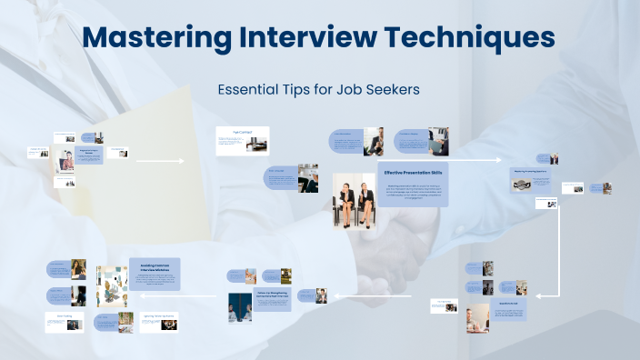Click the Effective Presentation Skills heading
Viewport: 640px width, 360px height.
coord(412,172)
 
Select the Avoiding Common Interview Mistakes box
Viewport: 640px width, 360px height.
coord(155,275)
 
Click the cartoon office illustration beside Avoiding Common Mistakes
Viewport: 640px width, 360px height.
coord(111,285)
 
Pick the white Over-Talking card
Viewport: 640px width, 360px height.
coord(64,322)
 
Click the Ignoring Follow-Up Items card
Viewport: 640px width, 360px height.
coord(158,322)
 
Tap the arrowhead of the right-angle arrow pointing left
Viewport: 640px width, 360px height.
coord(539,295)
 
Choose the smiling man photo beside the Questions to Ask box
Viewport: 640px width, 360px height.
coord(476,317)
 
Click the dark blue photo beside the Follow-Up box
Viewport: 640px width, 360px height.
coord(240,307)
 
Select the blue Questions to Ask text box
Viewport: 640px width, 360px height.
coord(508,313)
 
